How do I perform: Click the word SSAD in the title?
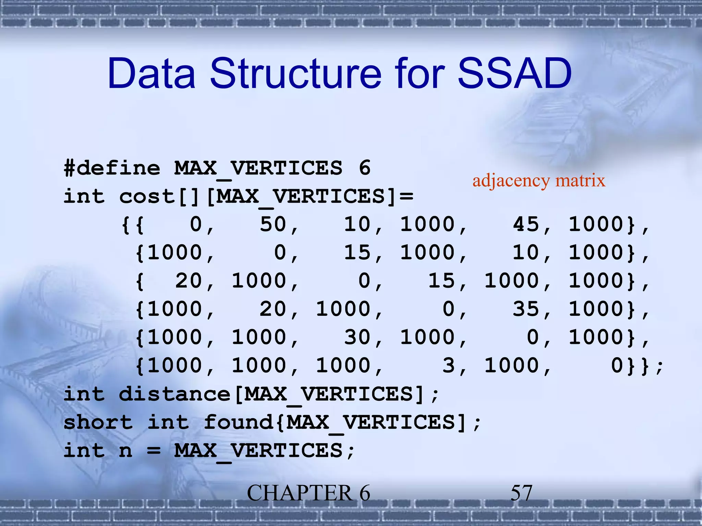tap(514, 74)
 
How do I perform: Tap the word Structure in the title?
tap(295, 74)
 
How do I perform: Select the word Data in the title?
tap(152, 74)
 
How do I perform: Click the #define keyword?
tap(112, 168)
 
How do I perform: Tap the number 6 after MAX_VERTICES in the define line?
tap(364, 168)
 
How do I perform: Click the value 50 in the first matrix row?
tap(273, 225)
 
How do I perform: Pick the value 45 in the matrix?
tap(526, 225)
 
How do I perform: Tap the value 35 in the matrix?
tap(526, 309)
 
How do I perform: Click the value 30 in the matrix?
tap(357, 337)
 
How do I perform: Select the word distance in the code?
tap(174, 394)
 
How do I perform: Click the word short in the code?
tap(98, 422)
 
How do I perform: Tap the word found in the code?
tap(239, 422)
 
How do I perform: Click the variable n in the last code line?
tap(125, 451)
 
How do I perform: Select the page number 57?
tap(521, 493)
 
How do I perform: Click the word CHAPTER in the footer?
tap(300, 493)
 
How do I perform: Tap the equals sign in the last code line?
tap(154, 451)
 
